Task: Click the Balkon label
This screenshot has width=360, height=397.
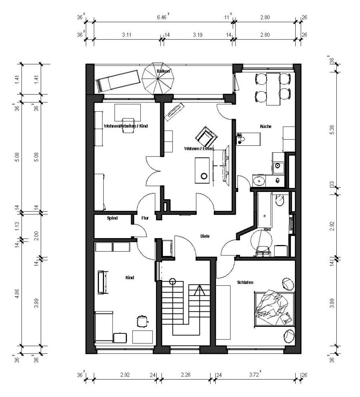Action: (163, 71)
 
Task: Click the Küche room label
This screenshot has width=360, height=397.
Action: (266, 126)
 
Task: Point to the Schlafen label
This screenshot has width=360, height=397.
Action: (245, 283)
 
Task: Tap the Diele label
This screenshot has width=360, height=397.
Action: (205, 236)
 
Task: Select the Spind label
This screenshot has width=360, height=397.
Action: (112, 218)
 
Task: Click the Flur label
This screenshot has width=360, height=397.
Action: (146, 218)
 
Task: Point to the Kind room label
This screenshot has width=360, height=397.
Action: (130, 278)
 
